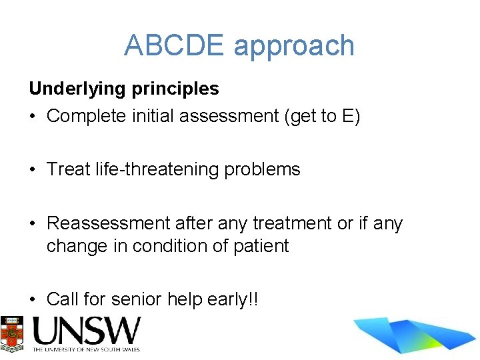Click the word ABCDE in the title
point(175,45)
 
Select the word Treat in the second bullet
point(69,169)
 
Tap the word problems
point(263,169)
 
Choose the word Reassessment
point(109,223)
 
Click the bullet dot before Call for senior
point(33,300)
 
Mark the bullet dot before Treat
point(33,170)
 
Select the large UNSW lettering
point(87,331)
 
